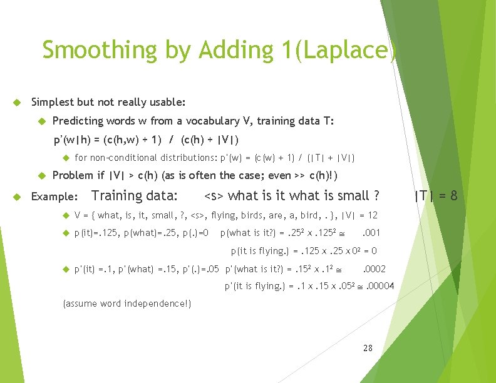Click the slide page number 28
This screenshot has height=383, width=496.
coord(368,347)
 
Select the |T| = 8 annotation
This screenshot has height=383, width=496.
coord(436,196)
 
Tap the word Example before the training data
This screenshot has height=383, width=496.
coord(54,197)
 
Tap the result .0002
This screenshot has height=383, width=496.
coord(375,269)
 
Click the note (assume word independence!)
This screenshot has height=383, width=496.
coord(127,304)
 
